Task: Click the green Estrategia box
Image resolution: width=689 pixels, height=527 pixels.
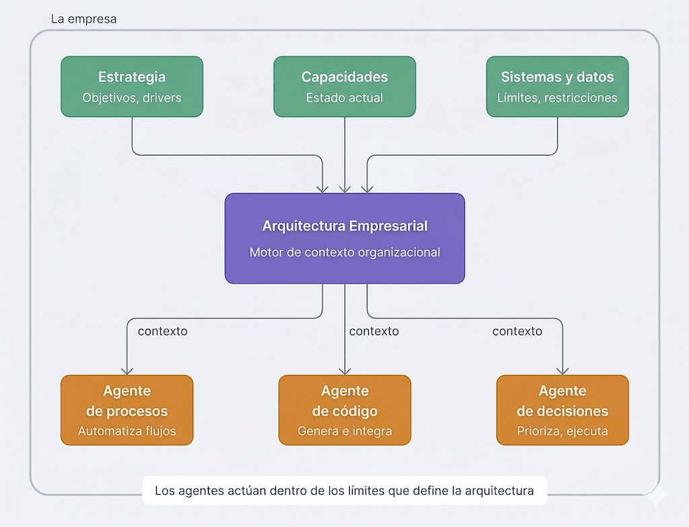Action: tap(132, 86)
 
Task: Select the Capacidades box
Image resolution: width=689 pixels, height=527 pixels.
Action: tap(344, 86)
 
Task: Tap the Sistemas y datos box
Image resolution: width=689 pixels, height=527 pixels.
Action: tap(557, 86)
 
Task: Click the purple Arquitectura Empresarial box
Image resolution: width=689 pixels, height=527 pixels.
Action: tap(344, 238)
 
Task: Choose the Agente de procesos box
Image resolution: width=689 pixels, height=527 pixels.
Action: tap(126, 410)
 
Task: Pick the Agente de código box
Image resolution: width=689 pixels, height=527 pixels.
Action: tap(344, 410)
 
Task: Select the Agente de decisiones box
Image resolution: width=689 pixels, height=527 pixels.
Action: tap(563, 410)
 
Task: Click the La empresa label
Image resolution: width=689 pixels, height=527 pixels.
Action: tap(83, 19)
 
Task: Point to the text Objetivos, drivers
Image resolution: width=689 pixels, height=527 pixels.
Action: tap(132, 98)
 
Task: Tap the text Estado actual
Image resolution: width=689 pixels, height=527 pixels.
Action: tap(344, 98)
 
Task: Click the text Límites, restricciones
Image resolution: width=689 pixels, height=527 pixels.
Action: tap(557, 98)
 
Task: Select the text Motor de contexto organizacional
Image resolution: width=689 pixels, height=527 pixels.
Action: tap(344, 253)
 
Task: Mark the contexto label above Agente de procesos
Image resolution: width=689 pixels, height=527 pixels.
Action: tap(162, 331)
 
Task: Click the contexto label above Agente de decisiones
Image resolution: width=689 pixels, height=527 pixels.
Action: tap(517, 331)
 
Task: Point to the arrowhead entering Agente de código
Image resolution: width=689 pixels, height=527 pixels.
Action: tap(344, 370)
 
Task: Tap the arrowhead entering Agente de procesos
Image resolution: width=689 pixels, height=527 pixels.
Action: tap(126, 370)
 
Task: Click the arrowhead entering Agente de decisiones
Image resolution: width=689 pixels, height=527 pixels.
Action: tap(563, 370)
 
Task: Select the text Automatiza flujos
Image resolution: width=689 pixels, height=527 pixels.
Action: tap(126, 431)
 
